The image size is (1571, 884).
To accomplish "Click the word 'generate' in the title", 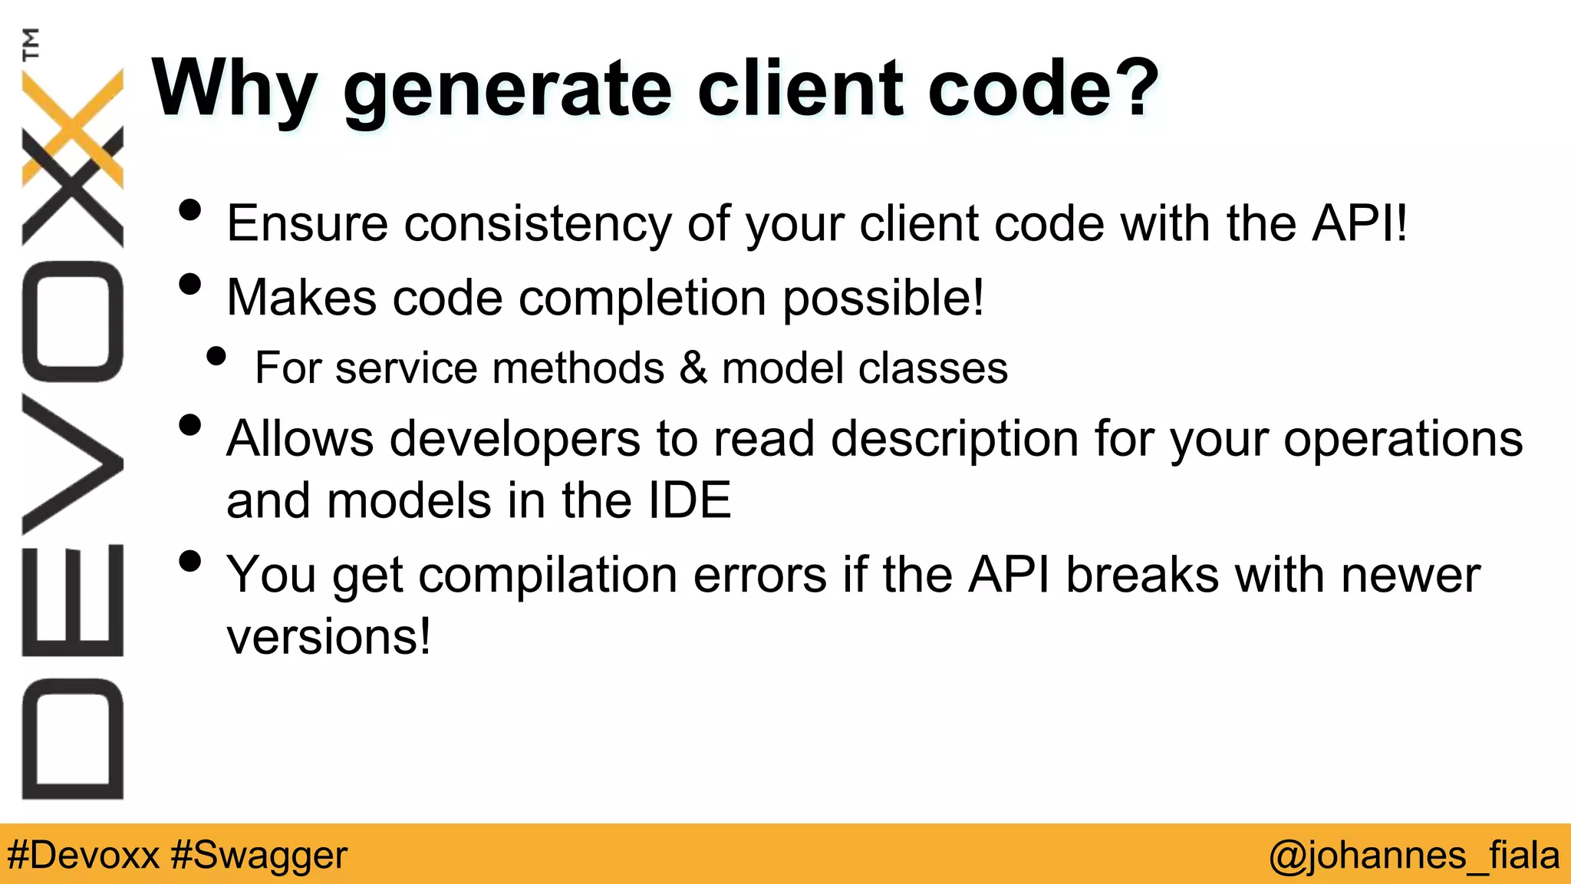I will pyautogui.click(x=507, y=91).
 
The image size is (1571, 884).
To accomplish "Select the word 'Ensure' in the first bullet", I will pyautogui.click(x=307, y=223).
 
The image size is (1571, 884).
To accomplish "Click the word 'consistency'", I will pyautogui.click(x=537, y=223).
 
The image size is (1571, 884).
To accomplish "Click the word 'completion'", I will pyautogui.click(x=642, y=298).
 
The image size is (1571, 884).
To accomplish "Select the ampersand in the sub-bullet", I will pyautogui.click(x=693, y=368).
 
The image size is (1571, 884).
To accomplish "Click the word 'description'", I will pyautogui.click(x=954, y=440).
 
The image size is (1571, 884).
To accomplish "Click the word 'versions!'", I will pyautogui.click(x=328, y=637).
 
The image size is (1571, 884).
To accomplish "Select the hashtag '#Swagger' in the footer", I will pyautogui.click(x=259, y=855).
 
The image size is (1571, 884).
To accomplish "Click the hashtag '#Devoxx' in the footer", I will pyautogui.click(x=83, y=855).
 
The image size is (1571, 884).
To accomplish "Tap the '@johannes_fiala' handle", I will pyautogui.click(x=1414, y=855).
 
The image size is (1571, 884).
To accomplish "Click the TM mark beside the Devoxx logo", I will pyautogui.click(x=31, y=44).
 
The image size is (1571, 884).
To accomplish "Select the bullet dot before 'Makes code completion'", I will pyautogui.click(x=189, y=285).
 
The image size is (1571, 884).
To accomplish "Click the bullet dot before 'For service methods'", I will pyautogui.click(x=217, y=356).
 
